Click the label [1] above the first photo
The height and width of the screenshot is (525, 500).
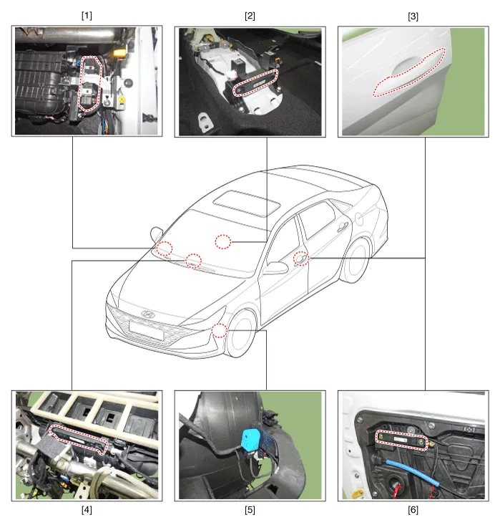click(x=87, y=16)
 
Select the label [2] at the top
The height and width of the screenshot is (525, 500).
click(x=250, y=16)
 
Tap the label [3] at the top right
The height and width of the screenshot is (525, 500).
click(x=413, y=16)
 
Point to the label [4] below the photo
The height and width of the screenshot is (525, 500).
click(x=87, y=510)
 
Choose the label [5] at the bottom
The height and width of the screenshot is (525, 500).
click(x=250, y=510)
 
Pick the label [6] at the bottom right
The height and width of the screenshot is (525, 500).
click(x=413, y=510)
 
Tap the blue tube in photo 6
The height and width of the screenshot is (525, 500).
click(x=413, y=473)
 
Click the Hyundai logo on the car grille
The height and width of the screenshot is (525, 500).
click(x=148, y=314)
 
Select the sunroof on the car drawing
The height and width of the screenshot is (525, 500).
click(x=247, y=203)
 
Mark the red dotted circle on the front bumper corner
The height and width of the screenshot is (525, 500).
click(x=220, y=330)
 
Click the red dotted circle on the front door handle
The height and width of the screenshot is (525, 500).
click(x=301, y=259)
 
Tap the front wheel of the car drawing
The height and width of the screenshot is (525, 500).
click(x=242, y=334)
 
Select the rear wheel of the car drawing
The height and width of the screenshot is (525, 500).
click(x=356, y=261)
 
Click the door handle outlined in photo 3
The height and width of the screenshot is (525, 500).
click(x=410, y=72)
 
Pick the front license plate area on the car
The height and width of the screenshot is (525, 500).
click(x=146, y=330)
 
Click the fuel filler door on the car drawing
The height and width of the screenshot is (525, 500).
click(x=359, y=218)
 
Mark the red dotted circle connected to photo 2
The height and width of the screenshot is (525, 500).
click(x=222, y=242)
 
